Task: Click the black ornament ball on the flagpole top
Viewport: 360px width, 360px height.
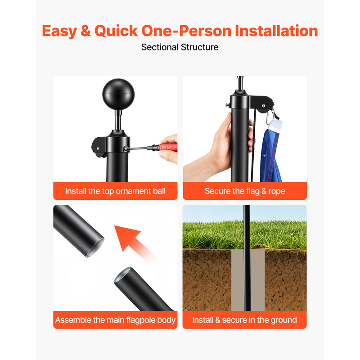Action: coord(118,94)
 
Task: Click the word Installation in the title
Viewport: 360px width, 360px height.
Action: coord(276,31)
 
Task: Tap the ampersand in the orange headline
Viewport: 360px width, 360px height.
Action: coord(85,31)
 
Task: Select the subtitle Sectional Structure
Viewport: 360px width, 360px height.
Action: coord(180,47)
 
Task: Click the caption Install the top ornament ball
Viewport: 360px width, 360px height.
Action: coord(115,191)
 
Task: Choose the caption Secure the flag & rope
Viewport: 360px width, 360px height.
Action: coord(245,191)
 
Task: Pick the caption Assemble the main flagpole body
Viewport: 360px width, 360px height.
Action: coord(115,320)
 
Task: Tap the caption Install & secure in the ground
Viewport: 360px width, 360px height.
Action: coord(244,320)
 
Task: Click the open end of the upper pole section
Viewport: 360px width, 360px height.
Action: coord(95,248)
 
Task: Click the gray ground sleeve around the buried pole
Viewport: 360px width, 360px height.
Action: coord(248,280)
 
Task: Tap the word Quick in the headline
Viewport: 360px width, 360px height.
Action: coord(116,31)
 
